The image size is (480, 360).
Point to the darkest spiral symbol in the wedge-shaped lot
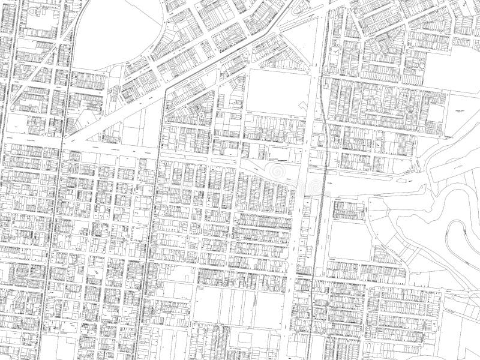click(x=277, y=172)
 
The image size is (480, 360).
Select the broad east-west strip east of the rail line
click(x=378, y=180)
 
